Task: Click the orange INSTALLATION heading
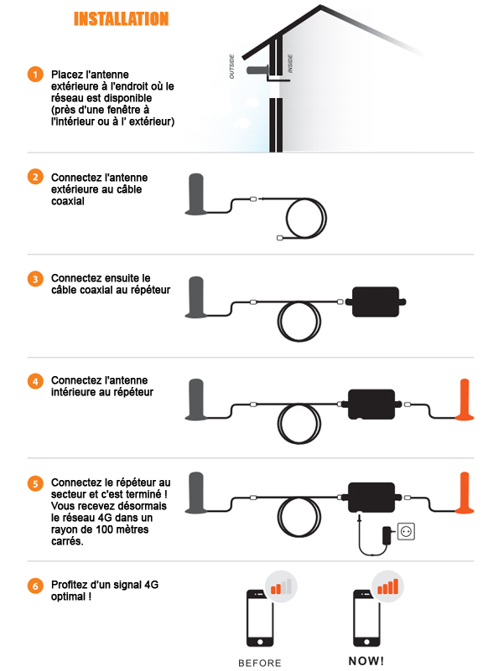[122, 18]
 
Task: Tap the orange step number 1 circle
[35, 75]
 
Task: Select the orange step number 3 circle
[35, 279]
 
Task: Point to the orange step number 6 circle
[35, 586]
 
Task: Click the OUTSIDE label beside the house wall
[231, 67]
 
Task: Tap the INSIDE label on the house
[290, 64]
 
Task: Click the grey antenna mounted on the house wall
[257, 70]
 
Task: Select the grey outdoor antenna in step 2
[196, 194]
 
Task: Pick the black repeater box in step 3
[376, 302]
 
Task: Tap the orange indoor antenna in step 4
[465, 400]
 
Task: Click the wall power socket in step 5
[406, 531]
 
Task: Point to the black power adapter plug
[387, 536]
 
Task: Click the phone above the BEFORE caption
[260, 618]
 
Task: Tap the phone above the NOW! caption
[366, 618]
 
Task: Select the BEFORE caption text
[260, 663]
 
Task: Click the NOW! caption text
[366, 661]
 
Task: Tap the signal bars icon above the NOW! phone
[387, 586]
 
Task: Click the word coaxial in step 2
[68, 201]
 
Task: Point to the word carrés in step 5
[67, 541]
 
